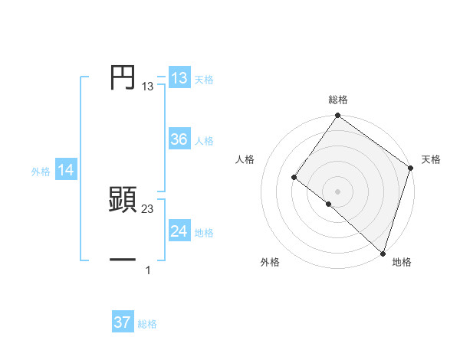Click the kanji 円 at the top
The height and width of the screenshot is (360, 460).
tap(123, 78)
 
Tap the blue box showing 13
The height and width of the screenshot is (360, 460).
tap(179, 78)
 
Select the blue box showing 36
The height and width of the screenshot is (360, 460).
tap(179, 139)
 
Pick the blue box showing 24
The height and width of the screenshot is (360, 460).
tap(179, 231)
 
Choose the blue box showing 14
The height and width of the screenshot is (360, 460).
tap(66, 171)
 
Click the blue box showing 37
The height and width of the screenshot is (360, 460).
tap(123, 322)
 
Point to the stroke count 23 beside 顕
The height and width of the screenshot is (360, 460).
tap(148, 209)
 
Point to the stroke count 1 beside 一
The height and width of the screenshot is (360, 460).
tap(148, 270)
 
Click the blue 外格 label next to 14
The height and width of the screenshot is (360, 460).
tap(41, 172)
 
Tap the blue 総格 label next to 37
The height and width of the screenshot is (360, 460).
tap(147, 324)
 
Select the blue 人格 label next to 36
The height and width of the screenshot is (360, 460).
tap(204, 141)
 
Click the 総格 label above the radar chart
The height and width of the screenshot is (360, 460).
tap(338, 100)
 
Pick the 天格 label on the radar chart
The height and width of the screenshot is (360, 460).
tap(431, 159)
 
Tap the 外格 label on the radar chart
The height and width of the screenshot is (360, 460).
tap(270, 262)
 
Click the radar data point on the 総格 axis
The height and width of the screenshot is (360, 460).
tap(338, 116)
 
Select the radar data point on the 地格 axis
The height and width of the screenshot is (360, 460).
tap(383, 253)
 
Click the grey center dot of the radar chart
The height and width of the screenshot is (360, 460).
tap(338, 191)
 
